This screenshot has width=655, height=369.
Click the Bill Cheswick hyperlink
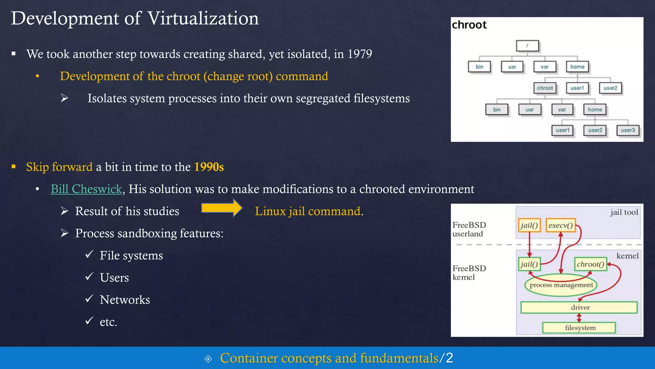tap(86, 189)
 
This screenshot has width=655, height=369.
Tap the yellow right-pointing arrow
tap(222, 208)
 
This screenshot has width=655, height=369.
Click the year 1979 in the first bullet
tap(360, 54)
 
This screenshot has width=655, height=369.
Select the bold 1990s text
tap(209, 167)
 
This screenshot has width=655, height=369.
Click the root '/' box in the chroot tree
tap(527, 46)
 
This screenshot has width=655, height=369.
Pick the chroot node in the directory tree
tap(545, 88)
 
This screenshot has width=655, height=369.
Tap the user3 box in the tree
tap(628, 130)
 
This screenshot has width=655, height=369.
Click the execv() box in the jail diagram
tap(560, 225)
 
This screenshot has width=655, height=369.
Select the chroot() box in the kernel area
tap(590, 264)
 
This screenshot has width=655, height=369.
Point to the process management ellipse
tap(561, 285)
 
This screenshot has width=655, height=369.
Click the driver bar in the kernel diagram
tap(579, 307)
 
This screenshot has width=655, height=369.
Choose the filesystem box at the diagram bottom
tap(579, 328)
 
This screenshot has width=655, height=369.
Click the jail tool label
tap(624, 212)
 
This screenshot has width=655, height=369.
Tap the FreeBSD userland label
tap(469, 229)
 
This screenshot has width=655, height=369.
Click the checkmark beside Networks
tap(90, 299)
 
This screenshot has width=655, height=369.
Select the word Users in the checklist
tap(114, 278)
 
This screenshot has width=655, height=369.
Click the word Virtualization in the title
tap(203, 18)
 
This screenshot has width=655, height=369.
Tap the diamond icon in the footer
tap(208, 359)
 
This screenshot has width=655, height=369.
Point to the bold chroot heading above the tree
tap(469, 25)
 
